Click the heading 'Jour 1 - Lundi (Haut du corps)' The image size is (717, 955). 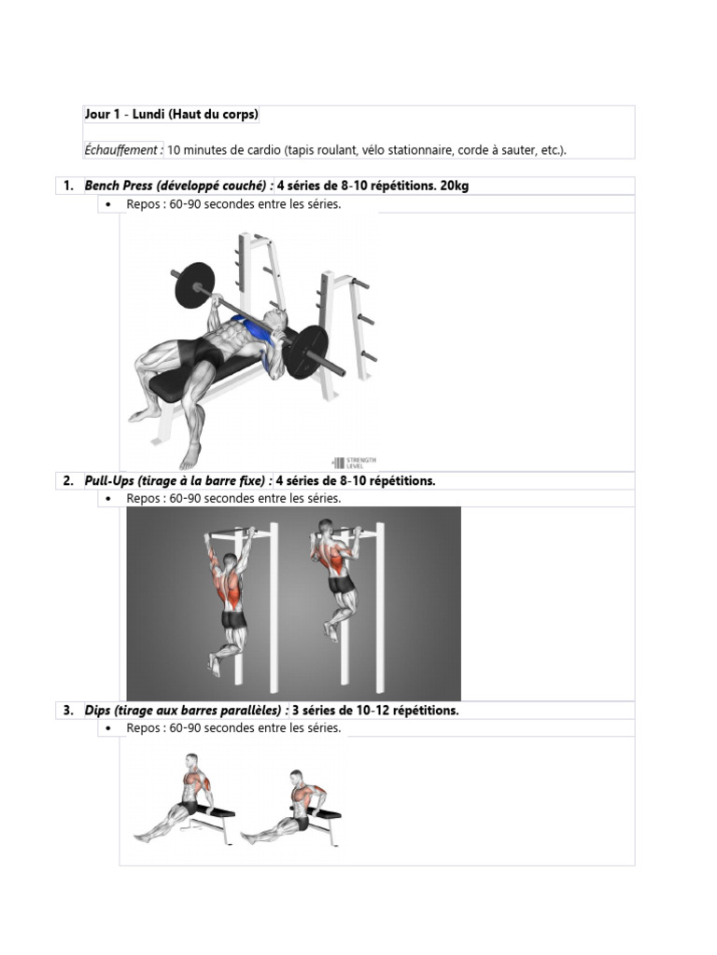click(171, 115)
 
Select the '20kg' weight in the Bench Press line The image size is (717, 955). click(454, 186)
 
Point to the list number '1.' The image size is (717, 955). click(68, 186)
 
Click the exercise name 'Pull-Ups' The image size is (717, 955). click(109, 481)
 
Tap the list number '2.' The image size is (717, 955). click(68, 481)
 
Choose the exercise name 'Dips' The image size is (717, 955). click(97, 711)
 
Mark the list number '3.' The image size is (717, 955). click(68, 711)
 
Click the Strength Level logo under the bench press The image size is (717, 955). click(355, 462)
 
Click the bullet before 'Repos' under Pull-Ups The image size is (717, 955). click(109, 499)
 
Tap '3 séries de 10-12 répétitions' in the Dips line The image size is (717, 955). click(375, 711)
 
